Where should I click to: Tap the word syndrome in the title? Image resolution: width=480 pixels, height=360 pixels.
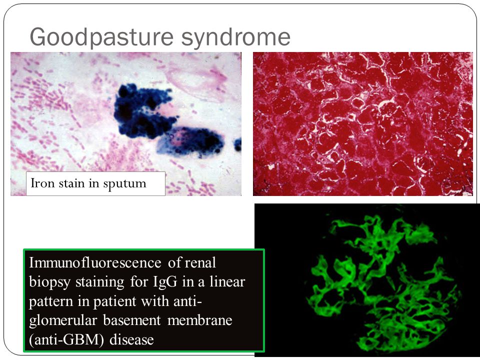[x=235, y=37]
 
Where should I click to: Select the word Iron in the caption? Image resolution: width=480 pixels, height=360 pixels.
[x=38, y=183]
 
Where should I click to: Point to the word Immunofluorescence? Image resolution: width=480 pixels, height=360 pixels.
[x=95, y=262]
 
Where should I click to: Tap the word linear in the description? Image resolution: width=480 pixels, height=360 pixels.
[x=227, y=281]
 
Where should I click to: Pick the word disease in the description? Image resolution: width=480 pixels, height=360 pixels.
[x=131, y=339]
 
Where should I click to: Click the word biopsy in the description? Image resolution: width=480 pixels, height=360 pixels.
[x=51, y=282]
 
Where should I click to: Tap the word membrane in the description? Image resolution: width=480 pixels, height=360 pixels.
[x=200, y=320]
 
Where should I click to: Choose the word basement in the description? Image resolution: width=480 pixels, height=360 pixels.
[x=132, y=320]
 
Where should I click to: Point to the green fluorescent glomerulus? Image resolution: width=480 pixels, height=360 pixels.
[x=384, y=283]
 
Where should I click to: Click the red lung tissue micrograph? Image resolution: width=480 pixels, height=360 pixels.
[x=363, y=123]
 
